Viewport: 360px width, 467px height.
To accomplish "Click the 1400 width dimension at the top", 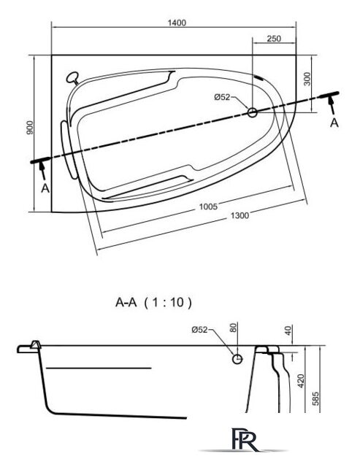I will pos(176,23).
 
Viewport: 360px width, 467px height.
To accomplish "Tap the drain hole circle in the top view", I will pos(252,112).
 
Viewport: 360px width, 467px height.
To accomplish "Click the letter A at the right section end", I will pos(334,123).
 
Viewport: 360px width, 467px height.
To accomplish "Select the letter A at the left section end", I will pos(45,188).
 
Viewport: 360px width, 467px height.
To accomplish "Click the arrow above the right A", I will pos(333,103).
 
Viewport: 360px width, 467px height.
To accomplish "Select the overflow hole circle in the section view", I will pos(237,359).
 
